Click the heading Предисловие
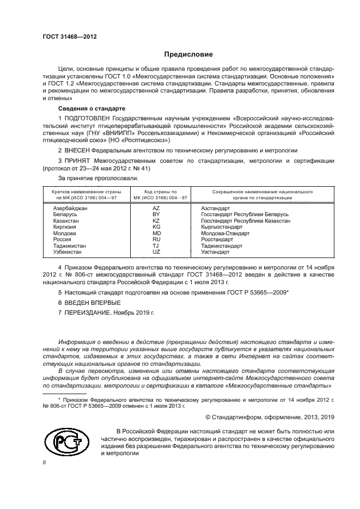click(x=188, y=54)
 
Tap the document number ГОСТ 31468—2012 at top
click(x=70, y=36)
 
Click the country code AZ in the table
click(x=156, y=208)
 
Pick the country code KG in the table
click(x=156, y=226)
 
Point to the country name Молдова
click(x=64, y=233)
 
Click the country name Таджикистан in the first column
click(x=69, y=246)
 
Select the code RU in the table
click(x=156, y=240)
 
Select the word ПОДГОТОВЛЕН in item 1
click(x=89, y=118)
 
